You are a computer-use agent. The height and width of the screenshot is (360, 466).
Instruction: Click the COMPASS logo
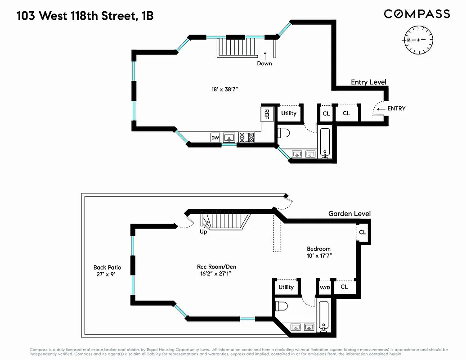pos(417,14)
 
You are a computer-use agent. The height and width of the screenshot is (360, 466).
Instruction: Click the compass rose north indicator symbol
pos(418,40)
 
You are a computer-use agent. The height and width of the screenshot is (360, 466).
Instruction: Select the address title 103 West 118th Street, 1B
pos(85,16)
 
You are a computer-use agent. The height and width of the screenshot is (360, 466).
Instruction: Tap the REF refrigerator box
pos(267,113)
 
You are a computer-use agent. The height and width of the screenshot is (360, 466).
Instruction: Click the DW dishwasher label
pos(215,138)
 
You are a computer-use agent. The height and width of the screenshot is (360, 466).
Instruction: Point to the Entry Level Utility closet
pos(289,113)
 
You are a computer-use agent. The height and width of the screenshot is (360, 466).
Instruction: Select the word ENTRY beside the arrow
pos(396,108)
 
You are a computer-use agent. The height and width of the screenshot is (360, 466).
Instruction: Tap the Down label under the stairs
pos(264,63)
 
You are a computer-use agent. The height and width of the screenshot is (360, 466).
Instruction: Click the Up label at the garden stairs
pos(203,232)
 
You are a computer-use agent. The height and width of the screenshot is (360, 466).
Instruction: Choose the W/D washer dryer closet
pos(325,287)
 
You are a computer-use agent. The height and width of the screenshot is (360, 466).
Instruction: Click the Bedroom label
pos(318,249)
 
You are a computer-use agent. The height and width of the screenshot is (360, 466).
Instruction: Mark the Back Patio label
pos(107,267)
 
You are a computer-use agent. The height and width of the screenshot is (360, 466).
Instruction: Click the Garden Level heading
pos(349,214)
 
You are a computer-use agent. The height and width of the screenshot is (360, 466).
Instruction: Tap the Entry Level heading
pos(368,82)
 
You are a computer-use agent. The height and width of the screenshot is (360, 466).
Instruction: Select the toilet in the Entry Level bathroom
pos(284,133)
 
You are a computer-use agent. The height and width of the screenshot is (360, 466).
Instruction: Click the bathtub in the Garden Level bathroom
pos(324,315)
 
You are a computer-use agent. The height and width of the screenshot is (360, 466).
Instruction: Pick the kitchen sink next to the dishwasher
pos(229,138)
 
